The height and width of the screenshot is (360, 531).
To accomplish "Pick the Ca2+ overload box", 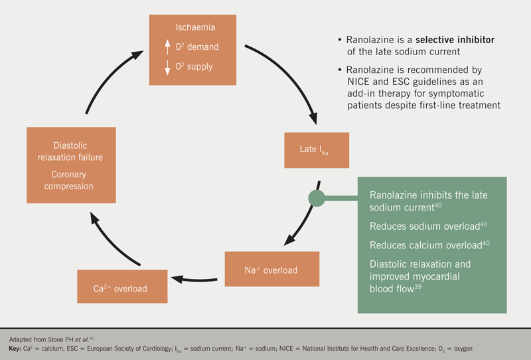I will click(x=121, y=288).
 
